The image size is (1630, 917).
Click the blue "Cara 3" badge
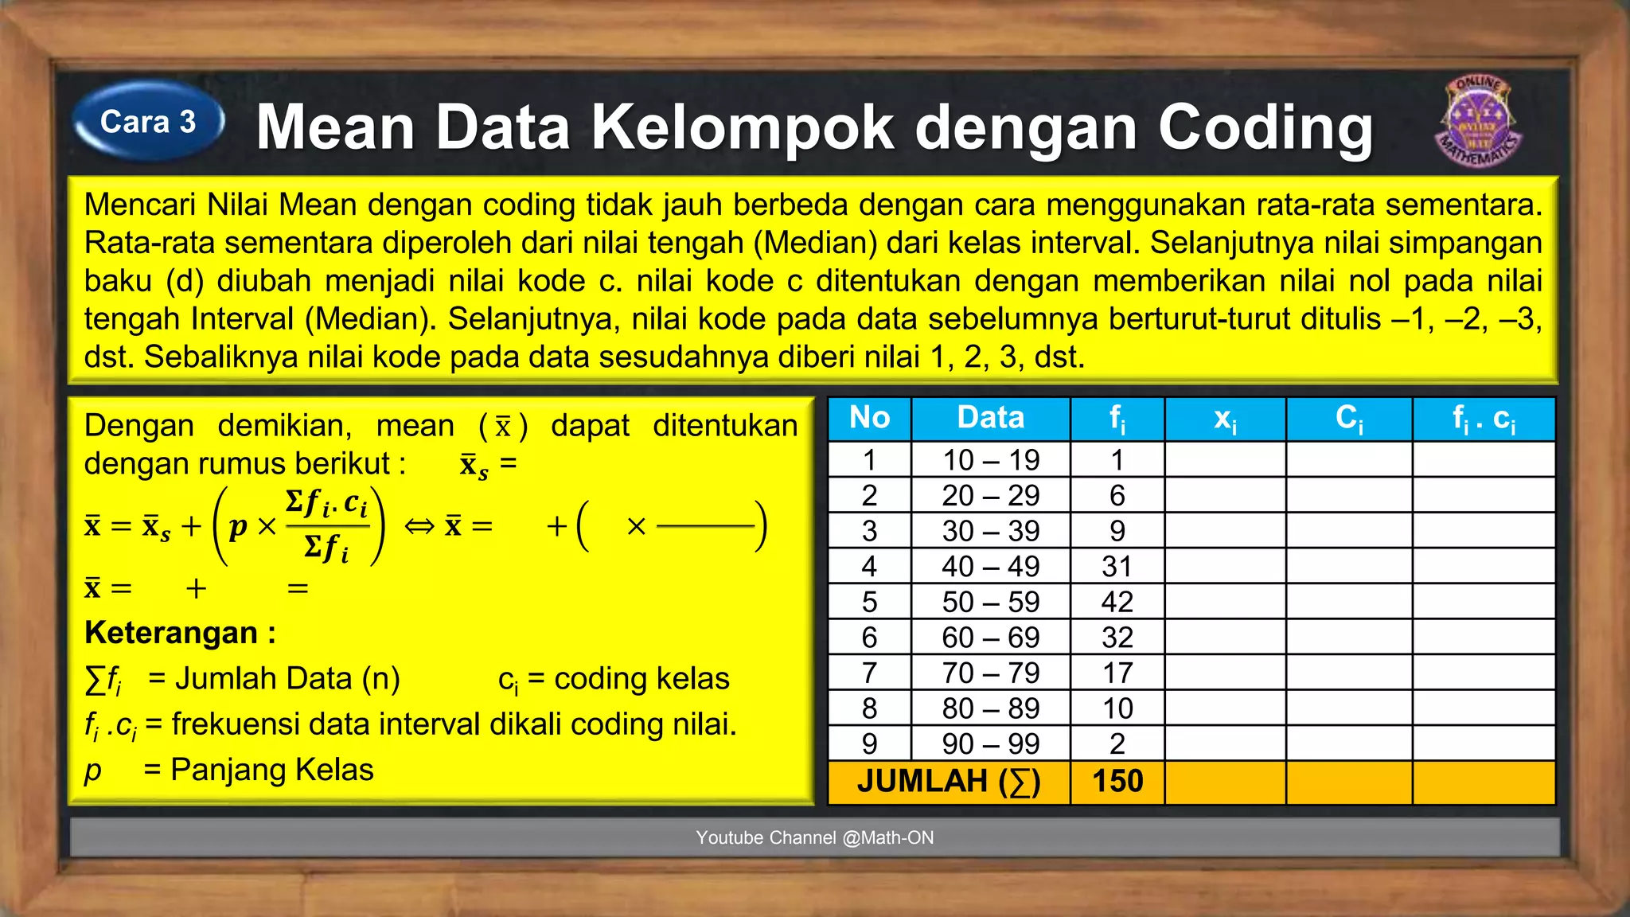pos(148,123)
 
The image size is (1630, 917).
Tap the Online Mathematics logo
pos(1478,121)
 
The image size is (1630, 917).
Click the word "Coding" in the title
pos(1265,127)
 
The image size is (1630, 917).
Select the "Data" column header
pos(990,418)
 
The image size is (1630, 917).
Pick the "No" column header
pos(869,418)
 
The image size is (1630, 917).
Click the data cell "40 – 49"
pos(990,567)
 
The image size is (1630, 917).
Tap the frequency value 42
pos(1117,602)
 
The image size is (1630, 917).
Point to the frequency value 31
pos(1117,567)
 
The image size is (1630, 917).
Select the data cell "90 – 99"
pos(990,743)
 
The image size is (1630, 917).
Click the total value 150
pos(1117,781)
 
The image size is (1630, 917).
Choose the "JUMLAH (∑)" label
pos(949,781)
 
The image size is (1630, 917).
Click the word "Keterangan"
pos(172,633)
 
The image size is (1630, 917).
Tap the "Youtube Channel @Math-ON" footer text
pos(814,837)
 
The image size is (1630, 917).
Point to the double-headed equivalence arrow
pos(419,526)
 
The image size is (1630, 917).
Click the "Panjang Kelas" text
pos(272,770)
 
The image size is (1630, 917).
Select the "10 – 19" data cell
pos(990,460)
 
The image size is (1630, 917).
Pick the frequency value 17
pos(1117,673)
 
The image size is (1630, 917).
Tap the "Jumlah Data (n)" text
pos(287,679)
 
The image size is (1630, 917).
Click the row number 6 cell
pos(869,638)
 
